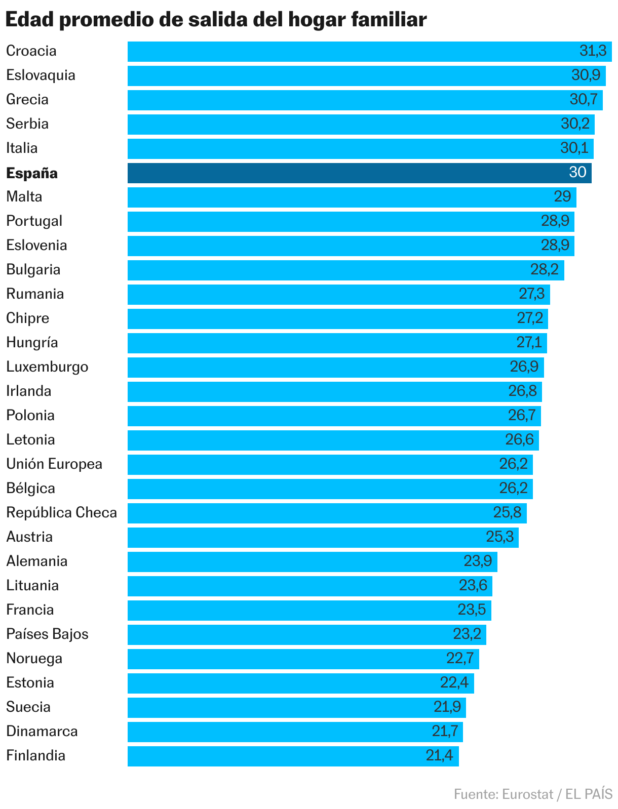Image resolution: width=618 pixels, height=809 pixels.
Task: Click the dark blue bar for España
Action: [355, 173]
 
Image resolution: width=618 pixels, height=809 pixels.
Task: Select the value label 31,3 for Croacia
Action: [593, 51]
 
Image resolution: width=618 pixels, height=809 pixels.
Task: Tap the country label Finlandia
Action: [36, 756]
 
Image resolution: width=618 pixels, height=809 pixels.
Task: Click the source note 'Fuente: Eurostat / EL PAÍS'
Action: [533, 794]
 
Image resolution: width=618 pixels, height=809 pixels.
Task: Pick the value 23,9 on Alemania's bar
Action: [478, 561]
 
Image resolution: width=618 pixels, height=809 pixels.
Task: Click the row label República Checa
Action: [62, 513]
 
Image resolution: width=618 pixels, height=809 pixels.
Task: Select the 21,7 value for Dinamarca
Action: [445, 731]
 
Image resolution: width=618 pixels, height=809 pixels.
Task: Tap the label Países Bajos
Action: [48, 634]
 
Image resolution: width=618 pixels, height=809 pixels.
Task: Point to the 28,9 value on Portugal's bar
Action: [555, 221]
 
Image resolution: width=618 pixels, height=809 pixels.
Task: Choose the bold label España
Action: [32, 173]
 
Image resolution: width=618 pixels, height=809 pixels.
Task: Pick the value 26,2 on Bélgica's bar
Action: [513, 488]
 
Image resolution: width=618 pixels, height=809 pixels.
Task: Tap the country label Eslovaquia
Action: [41, 75]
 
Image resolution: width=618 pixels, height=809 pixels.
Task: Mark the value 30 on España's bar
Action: [577, 172]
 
